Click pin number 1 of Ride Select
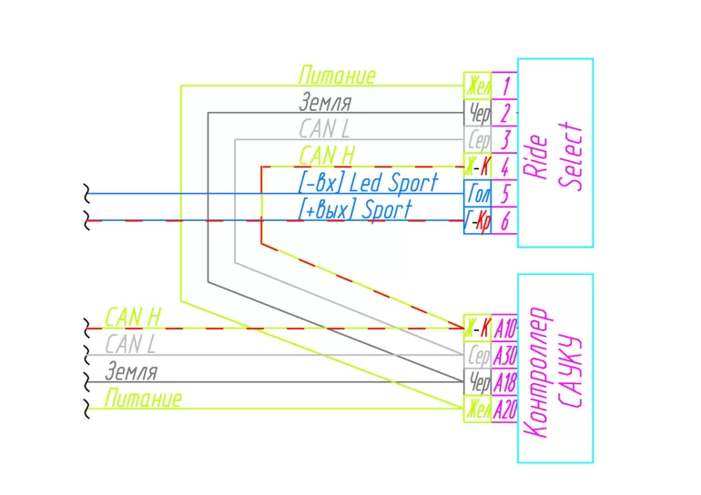pyautogui.click(x=504, y=86)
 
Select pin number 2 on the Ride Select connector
pyautogui.click(x=504, y=113)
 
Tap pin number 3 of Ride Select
pyautogui.click(x=504, y=140)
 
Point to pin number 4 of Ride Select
pyautogui.click(x=504, y=167)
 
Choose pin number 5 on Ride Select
pyautogui.click(x=504, y=194)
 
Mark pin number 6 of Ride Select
pyautogui.click(x=504, y=221)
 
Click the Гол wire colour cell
pyautogui.click(x=478, y=194)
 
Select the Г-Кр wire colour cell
pyautogui.click(x=478, y=221)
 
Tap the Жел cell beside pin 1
pyautogui.click(x=478, y=86)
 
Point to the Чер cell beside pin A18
pyautogui.click(x=478, y=382)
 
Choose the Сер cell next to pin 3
pyautogui.click(x=478, y=140)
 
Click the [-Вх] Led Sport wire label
pyautogui.click(x=368, y=183)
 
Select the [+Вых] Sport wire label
pyautogui.click(x=355, y=210)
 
